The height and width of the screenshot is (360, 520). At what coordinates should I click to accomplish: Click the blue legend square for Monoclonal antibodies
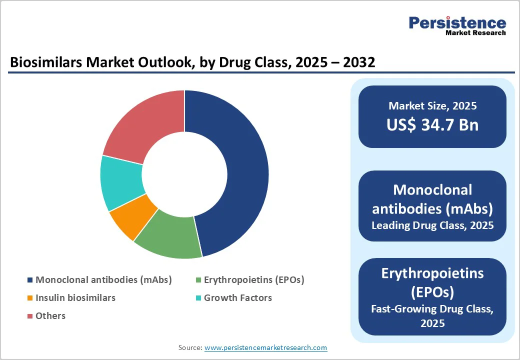[30, 280]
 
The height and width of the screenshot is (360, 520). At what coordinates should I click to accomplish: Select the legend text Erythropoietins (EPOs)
[254, 280]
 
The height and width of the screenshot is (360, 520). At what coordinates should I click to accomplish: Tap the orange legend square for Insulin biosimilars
[30, 298]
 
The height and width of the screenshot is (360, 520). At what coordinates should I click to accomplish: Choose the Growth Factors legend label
[238, 298]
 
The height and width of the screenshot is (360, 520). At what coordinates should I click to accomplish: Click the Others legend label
[50, 316]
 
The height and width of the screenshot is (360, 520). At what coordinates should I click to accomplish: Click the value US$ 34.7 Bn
[432, 125]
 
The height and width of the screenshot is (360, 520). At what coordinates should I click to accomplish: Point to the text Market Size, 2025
[432, 106]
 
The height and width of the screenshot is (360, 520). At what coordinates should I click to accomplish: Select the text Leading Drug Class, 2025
[432, 225]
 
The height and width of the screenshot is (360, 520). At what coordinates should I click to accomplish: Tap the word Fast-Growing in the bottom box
[400, 309]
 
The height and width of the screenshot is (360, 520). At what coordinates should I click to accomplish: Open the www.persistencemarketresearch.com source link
[266, 347]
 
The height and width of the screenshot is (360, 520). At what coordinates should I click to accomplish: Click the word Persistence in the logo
[457, 22]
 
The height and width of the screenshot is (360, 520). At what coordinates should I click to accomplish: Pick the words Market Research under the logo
[475, 33]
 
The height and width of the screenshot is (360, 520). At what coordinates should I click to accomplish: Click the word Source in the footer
[190, 347]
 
